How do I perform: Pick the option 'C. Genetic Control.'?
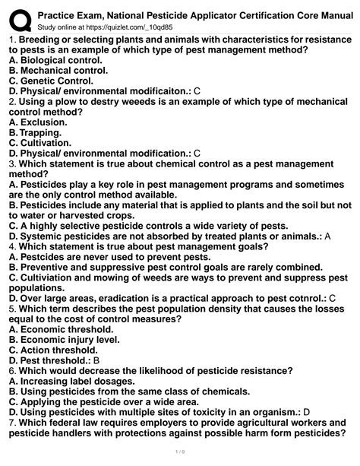pyautogui.click(x=51, y=80)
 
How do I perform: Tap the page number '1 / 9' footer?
pyautogui.click(x=179, y=458)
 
